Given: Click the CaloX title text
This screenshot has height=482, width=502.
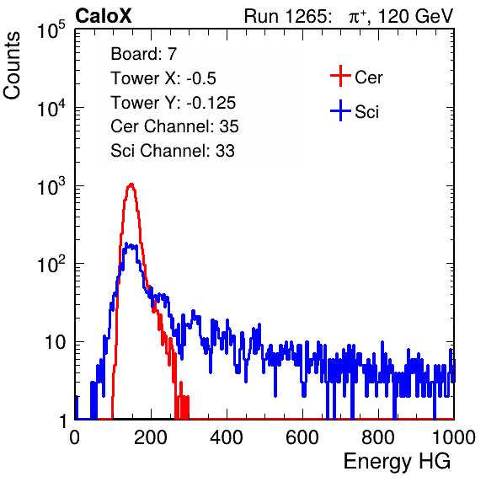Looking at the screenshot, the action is (x=103, y=16).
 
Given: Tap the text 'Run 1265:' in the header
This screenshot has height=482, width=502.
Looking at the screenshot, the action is (x=287, y=16).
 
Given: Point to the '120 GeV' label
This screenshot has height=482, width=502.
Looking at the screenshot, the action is (x=416, y=16).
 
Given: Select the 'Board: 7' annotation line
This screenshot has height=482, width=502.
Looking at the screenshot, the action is (x=144, y=54).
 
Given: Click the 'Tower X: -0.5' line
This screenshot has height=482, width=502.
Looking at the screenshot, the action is (x=163, y=78).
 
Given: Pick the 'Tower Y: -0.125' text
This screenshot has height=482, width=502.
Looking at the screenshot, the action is (x=174, y=103).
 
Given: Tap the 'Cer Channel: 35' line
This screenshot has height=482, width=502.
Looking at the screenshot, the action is (x=174, y=126).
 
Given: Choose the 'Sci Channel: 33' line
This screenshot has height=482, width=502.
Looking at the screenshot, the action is (x=173, y=151).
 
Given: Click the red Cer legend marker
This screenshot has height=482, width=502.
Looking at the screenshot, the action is (x=340, y=76).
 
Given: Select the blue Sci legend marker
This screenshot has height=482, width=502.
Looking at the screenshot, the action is (x=340, y=110).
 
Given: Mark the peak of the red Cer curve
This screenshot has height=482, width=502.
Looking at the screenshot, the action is (x=131, y=185).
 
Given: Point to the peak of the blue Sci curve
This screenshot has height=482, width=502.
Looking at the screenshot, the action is (x=126, y=244).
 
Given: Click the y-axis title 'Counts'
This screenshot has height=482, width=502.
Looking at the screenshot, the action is (x=12, y=66).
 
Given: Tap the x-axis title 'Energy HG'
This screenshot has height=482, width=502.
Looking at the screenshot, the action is (x=397, y=462).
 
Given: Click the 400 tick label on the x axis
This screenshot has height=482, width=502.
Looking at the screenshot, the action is (x=227, y=437).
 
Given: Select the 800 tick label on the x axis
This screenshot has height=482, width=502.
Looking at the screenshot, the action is (x=378, y=437).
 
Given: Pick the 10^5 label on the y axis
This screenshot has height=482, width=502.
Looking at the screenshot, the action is (x=51, y=29).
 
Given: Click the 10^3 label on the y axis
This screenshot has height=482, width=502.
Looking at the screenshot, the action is (x=51, y=186).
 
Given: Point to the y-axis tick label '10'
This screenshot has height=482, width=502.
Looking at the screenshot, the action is (x=55, y=342).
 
